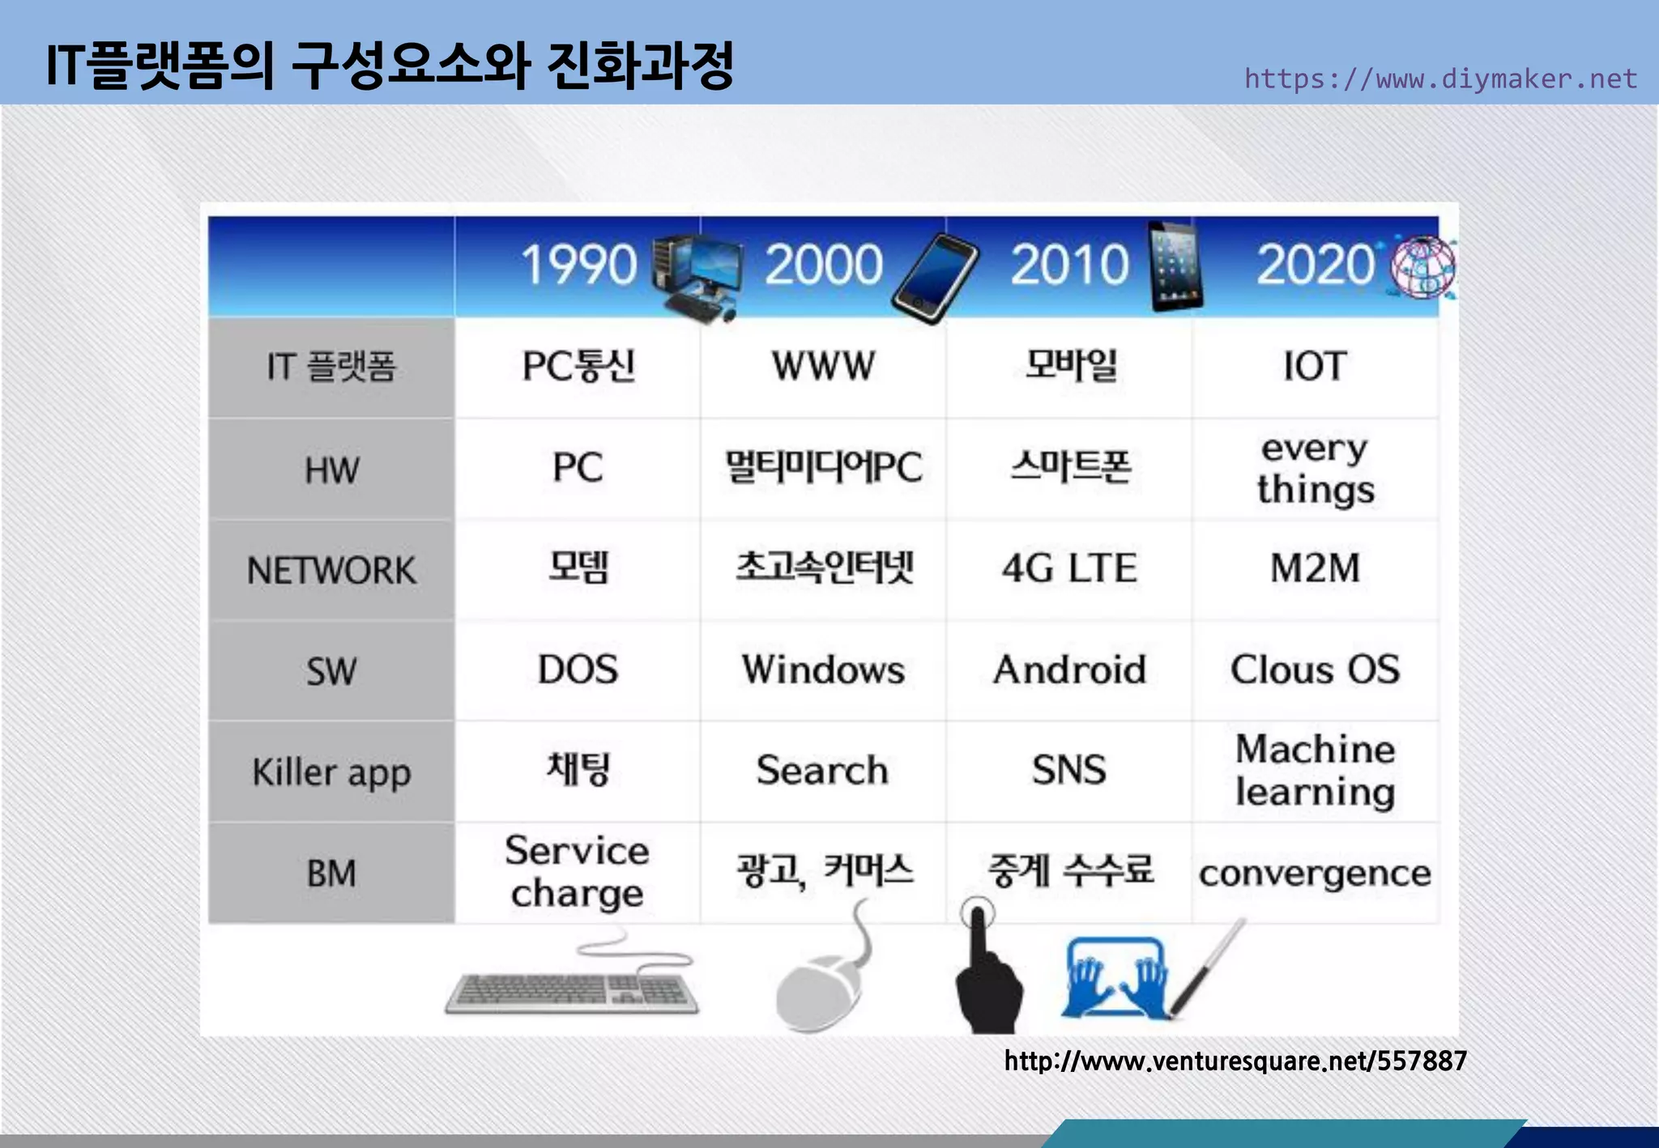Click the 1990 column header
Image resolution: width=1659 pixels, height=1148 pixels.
coord(578,265)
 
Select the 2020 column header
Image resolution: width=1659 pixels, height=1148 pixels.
coord(1315,265)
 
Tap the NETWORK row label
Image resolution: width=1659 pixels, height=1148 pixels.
coord(331,571)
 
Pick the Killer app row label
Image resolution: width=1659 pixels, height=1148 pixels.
coord(331,772)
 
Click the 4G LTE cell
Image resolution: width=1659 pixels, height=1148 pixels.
coord(1069,568)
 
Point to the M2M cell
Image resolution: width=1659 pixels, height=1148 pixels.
coord(1315,568)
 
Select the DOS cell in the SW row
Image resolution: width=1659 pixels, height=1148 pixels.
coord(578,670)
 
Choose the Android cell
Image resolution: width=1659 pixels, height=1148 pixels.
coord(1069,670)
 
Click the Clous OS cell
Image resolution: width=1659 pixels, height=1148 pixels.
coord(1315,670)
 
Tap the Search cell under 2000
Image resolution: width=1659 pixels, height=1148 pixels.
coord(822,770)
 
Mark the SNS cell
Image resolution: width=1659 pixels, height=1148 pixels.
coord(1069,770)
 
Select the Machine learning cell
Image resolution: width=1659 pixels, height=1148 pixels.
coord(1315,770)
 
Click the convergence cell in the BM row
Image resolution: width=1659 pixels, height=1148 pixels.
coord(1315,874)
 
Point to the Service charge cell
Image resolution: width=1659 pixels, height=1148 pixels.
coord(577,872)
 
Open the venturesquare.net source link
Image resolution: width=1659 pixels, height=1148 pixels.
coord(1235,1061)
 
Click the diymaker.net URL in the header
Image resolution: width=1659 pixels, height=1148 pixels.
coord(1440,79)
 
